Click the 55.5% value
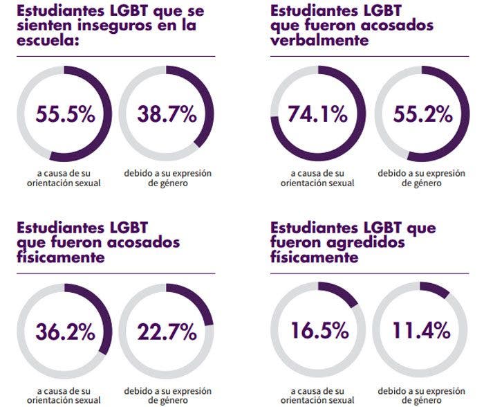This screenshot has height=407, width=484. tap(66, 115)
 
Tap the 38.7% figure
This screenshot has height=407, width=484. tap(167, 115)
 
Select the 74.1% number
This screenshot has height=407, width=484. tap(318, 115)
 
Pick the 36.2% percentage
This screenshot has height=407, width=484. tap(66, 332)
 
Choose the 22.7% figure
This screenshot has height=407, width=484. tap(167, 332)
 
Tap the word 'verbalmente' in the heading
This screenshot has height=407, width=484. tap(319, 41)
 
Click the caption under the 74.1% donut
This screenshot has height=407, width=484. tap(318, 177)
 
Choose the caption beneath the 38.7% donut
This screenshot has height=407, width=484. tap(167, 177)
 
